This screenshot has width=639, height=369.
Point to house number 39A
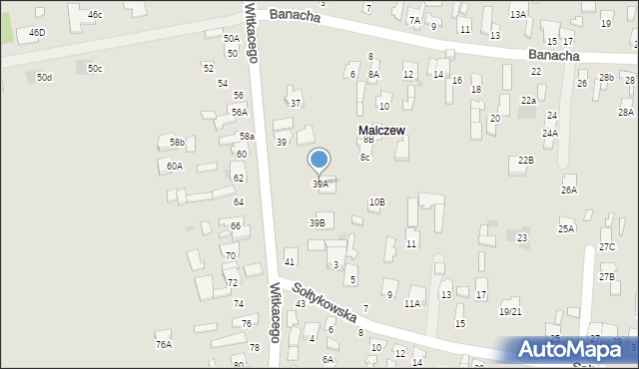tap(319, 184)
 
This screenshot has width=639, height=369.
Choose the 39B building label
tap(317, 223)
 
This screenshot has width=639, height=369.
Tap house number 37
tap(295, 103)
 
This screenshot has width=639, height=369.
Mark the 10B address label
tap(376, 202)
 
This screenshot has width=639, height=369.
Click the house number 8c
tap(365, 157)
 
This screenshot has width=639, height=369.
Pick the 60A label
tap(175, 167)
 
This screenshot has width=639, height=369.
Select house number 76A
tap(164, 344)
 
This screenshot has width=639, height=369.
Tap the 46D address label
tap(37, 33)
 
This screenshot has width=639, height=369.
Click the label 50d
tap(44, 77)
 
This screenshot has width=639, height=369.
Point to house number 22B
tap(525, 161)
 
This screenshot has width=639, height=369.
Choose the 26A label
tap(569, 189)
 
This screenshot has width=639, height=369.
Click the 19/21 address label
tap(510, 312)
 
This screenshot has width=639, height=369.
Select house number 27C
tap(606, 246)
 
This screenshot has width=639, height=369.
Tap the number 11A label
tap(411, 303)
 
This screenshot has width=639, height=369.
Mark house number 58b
tap(177, 144)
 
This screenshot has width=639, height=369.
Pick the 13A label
tap(517, 15)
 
